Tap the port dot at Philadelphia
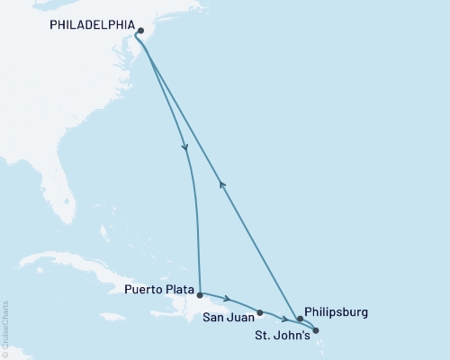click(141, 30)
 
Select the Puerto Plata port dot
click(199, 293)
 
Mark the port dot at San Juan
click(260, 313)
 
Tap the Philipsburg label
click(337, 312)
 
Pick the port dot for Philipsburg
click(300, 319)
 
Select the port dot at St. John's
click(316, 330)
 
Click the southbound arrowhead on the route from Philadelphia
click(185, 148)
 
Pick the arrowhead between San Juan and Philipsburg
click(284, 319)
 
